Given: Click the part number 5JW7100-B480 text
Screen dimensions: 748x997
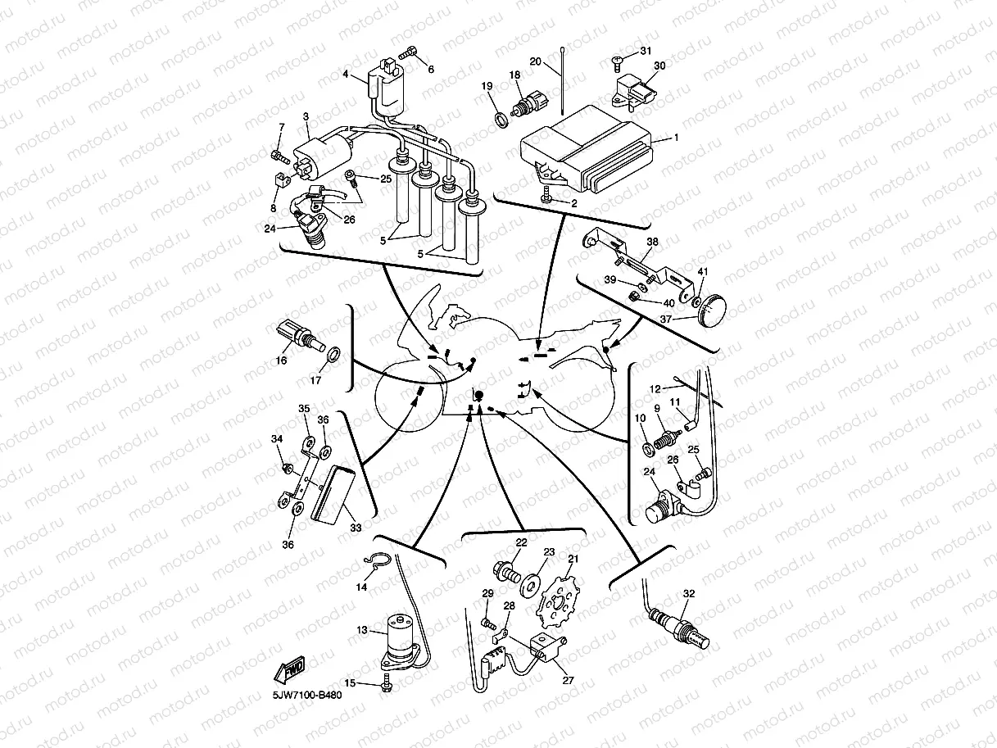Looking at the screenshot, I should point(307,696).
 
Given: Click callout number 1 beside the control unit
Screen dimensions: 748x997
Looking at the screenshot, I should point(676,138).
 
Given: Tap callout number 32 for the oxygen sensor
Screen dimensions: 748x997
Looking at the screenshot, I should point(688,593).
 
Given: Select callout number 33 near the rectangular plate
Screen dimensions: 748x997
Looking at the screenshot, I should point(355,528).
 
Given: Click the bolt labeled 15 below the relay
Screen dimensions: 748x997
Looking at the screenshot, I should point(385,686).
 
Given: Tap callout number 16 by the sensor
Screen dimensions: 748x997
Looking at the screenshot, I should point(281,360).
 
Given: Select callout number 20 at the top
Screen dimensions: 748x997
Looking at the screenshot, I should point(534,61).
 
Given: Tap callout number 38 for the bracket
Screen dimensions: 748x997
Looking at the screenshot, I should point(652,243).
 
